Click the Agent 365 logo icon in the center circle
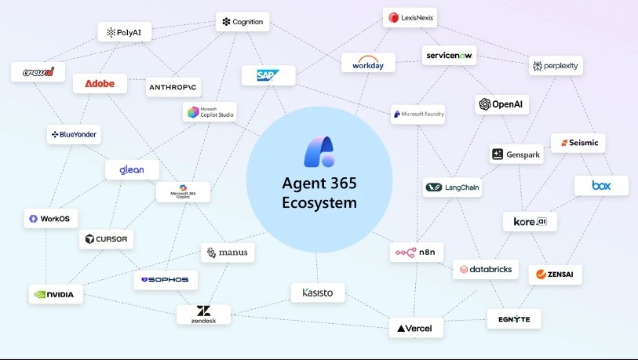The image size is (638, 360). (319, 151)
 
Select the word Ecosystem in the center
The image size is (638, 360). (319, 203)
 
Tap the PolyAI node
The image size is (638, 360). (125, 32)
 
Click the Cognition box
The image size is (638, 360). (242, 22)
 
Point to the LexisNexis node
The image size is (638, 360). (410, 17)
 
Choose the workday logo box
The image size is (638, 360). (368, 62)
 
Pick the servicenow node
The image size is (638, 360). (450, 55)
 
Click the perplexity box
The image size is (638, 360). (556, 66)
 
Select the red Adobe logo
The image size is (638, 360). (100, 83)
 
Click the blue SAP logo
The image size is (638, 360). (268, 75)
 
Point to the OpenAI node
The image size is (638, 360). (501, 104)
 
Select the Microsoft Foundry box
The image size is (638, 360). (417, 114)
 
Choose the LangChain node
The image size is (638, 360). (453, 187)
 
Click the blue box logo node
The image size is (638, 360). (601, 186)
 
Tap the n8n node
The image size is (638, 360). (417, 253)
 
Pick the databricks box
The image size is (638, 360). (486, 269)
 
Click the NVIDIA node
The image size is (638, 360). (55, 294)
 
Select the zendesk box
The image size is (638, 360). (203, 314)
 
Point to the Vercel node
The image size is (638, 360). (416, 328)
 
